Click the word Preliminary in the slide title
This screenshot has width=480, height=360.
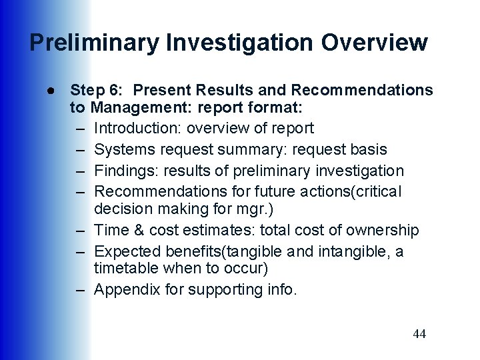[94, 43]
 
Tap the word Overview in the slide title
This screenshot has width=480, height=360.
[374, 43]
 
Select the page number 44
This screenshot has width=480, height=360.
[419, 334]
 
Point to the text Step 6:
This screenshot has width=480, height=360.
[93, 90]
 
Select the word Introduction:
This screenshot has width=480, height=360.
[138, 127]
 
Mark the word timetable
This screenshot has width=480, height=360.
[125, 268]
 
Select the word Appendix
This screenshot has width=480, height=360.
[125, 289]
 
